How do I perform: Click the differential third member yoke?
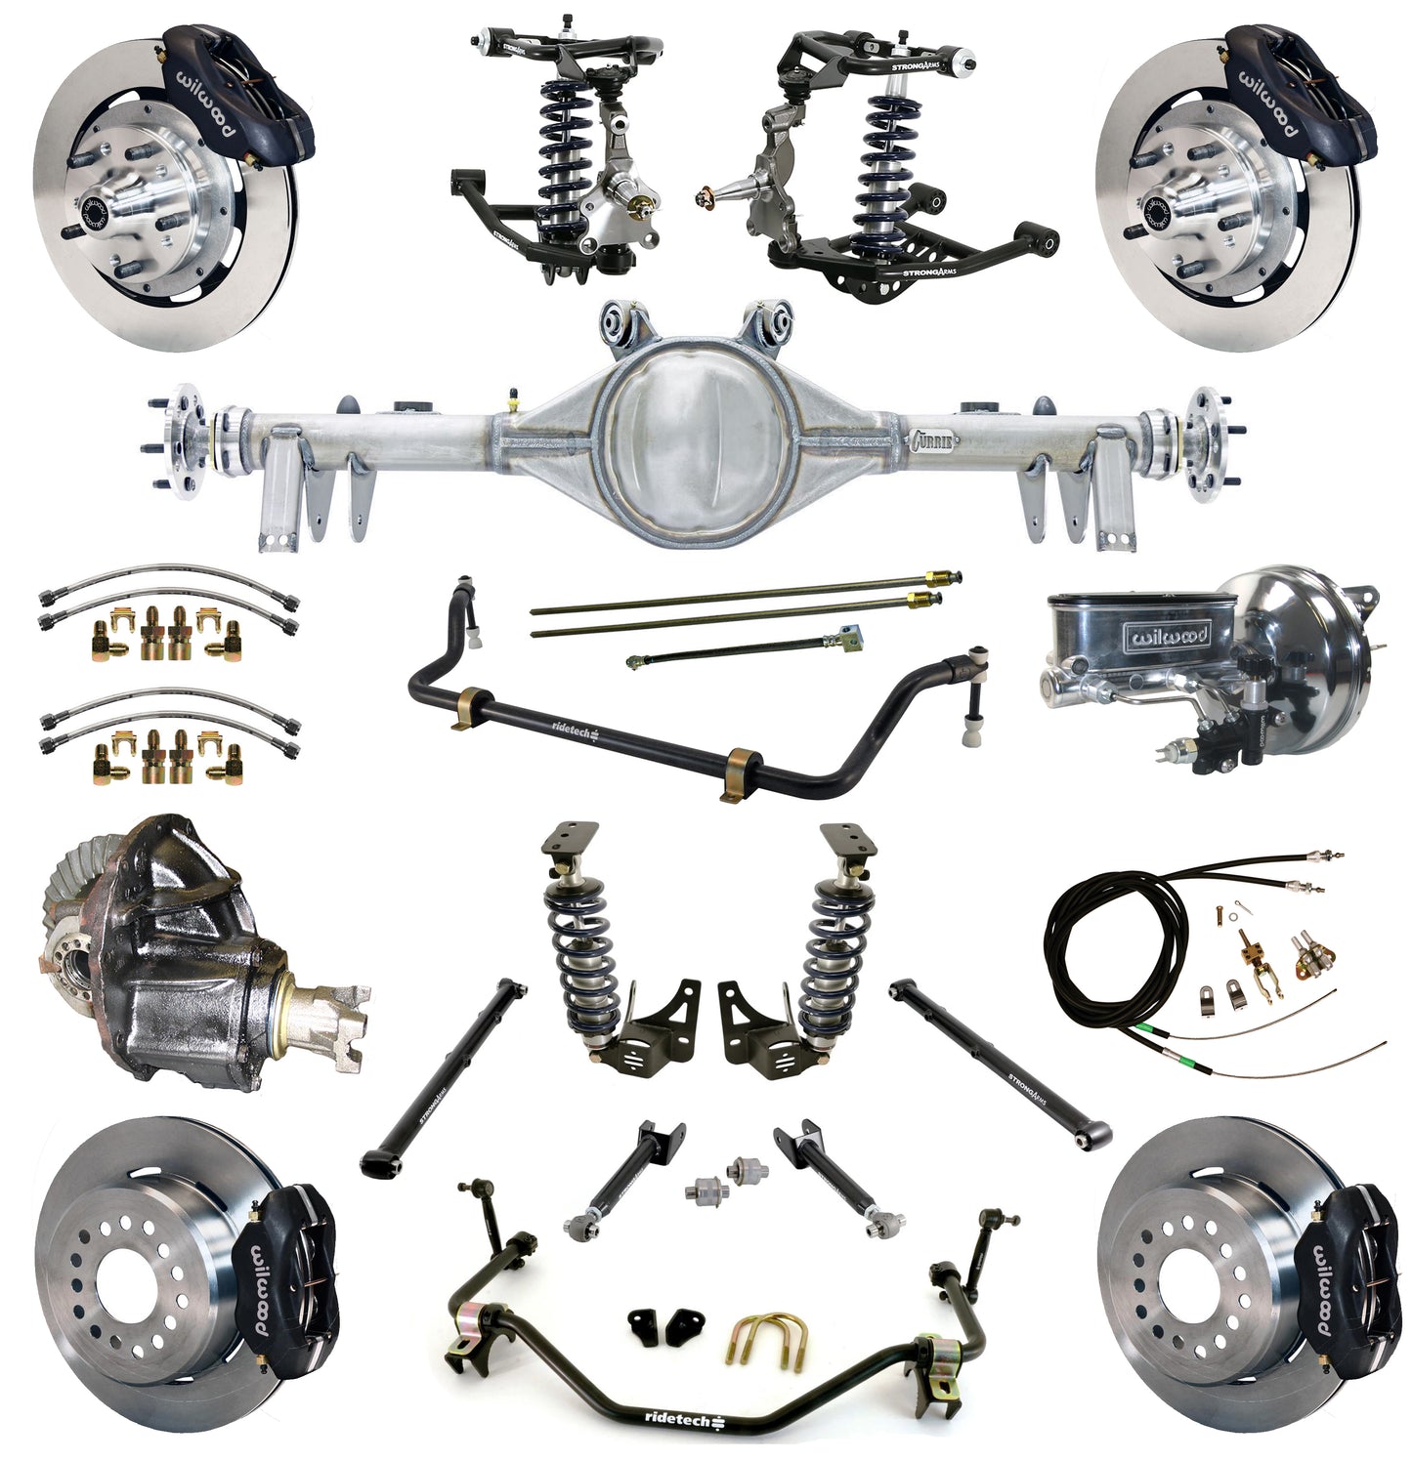point(337,1011)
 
